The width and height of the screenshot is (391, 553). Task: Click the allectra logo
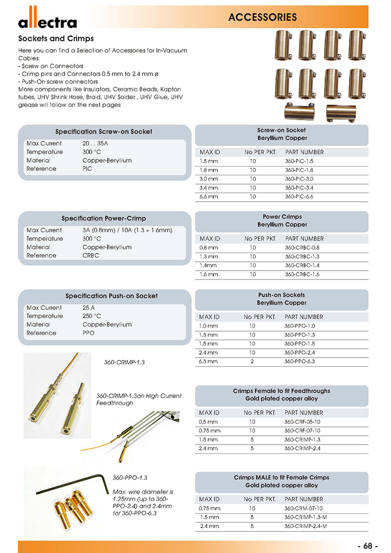[47, 21]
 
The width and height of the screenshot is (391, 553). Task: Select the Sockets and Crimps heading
[56, 39]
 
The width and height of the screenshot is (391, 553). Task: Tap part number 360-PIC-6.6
[299, 196]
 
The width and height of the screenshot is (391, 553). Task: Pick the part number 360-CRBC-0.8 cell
[302, 248]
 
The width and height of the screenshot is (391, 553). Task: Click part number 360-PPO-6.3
[300, 361]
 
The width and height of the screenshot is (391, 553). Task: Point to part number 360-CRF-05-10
[302, 422]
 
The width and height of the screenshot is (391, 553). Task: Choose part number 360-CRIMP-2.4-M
[305, 526]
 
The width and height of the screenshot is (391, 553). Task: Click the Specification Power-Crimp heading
[104, 218]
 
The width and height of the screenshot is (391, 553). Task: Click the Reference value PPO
[88, 333]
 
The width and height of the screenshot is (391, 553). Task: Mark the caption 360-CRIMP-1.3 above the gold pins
[125, 362]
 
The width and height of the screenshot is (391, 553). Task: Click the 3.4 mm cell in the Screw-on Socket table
[209, 188]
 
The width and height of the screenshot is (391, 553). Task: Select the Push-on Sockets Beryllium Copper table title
[282, 299]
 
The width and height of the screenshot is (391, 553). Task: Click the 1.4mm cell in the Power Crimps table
[208, 266]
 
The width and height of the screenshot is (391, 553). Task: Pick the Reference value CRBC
[91, 255]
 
